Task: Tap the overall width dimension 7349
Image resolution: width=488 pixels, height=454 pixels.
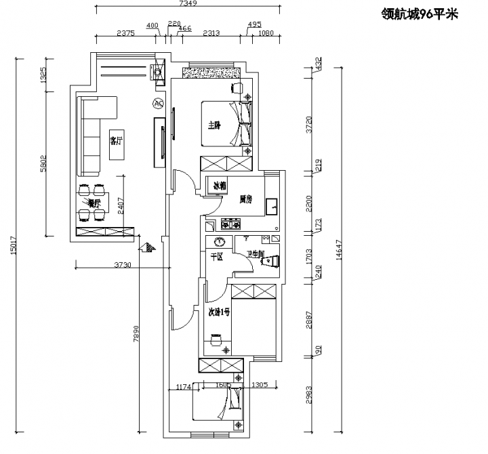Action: (x=188, y=4)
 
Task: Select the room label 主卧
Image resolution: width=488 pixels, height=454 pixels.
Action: (x=213, y=125)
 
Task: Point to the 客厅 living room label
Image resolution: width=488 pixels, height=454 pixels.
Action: (x=117, y=140)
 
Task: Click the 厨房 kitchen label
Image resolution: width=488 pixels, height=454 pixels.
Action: (x=245, y=200)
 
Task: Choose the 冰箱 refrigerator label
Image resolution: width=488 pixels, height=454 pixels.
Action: (x=220, y=185)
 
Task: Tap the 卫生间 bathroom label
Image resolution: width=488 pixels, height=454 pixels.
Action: (x=256, y=254)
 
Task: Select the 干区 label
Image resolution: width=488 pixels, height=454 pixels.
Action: (x=217, y=257)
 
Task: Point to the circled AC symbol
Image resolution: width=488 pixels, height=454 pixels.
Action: (x=159, y=104)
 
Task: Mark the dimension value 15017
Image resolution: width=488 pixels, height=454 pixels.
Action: (x=14, y=245)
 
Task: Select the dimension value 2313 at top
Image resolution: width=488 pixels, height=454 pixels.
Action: (x=211, y=33)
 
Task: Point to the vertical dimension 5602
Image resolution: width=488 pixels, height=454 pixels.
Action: (x=43, y=165)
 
